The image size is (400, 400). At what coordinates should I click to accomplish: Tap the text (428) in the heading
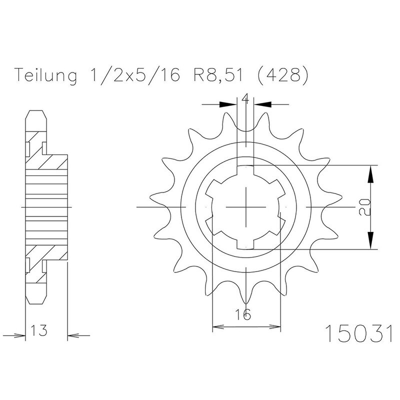click(x=282, y=75)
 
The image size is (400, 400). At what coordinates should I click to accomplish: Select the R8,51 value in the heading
click(x=217, y=75)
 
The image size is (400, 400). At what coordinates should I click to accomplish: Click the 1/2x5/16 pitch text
click(x=135, y=75)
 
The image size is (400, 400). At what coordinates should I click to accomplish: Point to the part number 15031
click(x=358, y=333)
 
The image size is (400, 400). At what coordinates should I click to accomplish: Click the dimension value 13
click(x=39, y=330)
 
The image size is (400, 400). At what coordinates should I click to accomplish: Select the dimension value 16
click(x=242, y=314)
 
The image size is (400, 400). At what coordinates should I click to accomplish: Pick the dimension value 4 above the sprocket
click(x=245, y=98)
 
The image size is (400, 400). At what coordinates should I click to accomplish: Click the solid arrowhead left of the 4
click(x=228, y=104)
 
